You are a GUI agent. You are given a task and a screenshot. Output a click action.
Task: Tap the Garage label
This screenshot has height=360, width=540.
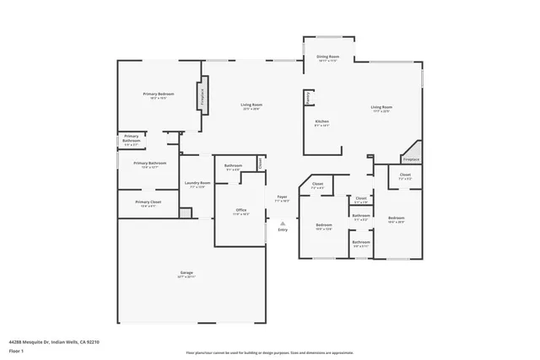click(186, 274)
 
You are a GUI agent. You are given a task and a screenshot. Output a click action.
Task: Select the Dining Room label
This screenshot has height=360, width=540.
click(327, 58)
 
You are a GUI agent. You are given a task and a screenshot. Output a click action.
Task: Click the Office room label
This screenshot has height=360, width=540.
click(240, 211)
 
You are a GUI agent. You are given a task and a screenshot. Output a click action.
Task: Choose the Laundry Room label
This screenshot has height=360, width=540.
click(195, 184)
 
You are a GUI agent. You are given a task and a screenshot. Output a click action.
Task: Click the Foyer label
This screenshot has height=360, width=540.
click(283, 199)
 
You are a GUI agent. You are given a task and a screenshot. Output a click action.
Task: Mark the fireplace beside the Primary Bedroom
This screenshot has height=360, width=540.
click(203, 94)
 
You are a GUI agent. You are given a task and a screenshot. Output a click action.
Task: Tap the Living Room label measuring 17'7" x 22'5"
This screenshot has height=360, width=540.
click(381, 108)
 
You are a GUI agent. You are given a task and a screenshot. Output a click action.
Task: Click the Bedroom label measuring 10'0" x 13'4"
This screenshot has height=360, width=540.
click(324, 226)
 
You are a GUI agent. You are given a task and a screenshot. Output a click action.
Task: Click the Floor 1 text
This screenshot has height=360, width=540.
click(16, 349)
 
